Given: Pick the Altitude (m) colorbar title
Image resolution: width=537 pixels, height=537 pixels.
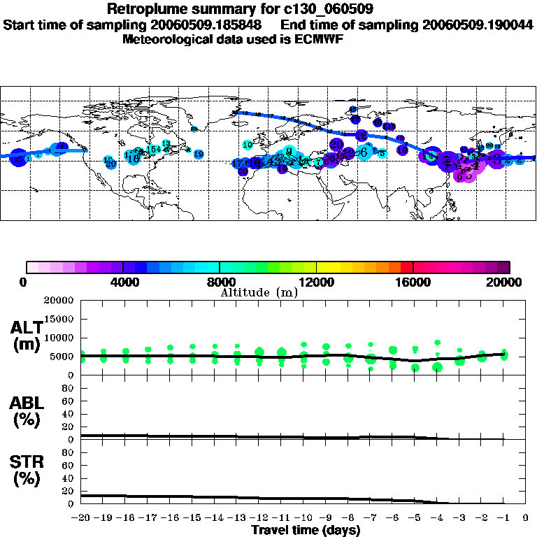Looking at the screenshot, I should click(259, 292).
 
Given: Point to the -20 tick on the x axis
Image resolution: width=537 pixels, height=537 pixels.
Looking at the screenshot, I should click(82, 518).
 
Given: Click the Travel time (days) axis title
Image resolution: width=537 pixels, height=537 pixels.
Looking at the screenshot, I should click(306, 530).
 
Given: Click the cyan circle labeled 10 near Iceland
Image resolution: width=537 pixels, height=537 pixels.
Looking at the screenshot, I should click(248, 145).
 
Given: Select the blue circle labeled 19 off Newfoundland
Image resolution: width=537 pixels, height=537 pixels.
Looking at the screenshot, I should click(199, 155).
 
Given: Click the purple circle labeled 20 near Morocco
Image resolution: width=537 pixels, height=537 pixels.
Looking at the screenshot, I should click(243, 171).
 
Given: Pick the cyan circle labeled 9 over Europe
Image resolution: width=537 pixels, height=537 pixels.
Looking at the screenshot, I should click(288, 151).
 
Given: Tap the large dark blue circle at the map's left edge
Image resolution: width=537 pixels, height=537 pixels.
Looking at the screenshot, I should click(19, 157).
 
